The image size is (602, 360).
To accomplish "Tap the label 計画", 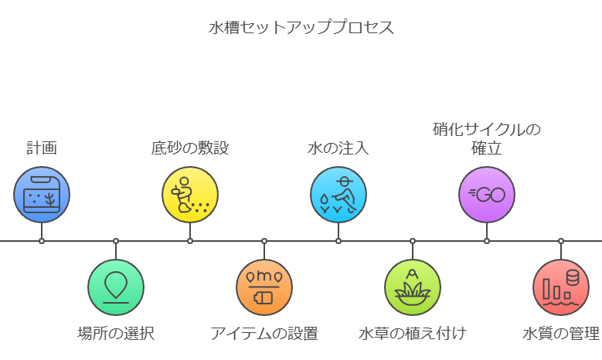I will pos(42,148).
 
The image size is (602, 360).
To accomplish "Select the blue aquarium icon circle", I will pos(42,195).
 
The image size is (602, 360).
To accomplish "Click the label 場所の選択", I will pos(116,334).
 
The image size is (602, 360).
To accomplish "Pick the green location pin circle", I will pos(116,287).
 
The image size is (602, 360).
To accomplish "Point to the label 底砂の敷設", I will pos(190,148).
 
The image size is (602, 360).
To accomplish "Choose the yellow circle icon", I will pos(190,195).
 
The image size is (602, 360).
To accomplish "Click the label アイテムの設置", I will pos(264,334).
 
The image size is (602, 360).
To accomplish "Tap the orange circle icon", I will pos(264,287).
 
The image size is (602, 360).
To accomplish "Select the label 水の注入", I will pos(338,148).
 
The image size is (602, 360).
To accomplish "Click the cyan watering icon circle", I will pos(338,195).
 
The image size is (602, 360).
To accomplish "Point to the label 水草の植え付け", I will pos(413,334).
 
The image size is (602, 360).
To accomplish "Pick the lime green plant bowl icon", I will pos(413,287).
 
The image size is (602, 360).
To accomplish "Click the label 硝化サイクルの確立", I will pos(487,138).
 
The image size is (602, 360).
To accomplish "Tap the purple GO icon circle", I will pos(487,195).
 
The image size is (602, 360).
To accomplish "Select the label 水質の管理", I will pos(561,334).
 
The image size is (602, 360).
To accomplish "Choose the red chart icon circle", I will pos(561,287).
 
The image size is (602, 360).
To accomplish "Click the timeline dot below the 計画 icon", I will pos(42,241).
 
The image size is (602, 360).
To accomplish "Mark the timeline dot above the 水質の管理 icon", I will pos(561,241).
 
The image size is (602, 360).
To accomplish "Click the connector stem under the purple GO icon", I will pos(487,230).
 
